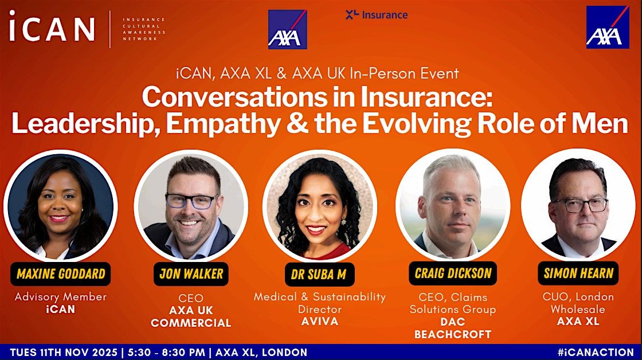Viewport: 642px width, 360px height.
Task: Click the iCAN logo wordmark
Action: coord(52,29)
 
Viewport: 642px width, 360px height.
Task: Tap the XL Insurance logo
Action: coord(376,15)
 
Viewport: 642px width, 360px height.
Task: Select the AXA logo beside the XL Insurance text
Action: coord(287,29)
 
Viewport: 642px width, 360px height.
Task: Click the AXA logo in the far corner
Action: coord(607,27)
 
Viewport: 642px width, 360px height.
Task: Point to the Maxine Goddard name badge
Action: coord(61,274)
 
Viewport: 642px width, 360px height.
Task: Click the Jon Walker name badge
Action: coord(191,274)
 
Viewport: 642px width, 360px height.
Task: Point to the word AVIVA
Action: coord(320,322)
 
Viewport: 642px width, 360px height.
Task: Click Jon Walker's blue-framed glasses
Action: coord(191,201)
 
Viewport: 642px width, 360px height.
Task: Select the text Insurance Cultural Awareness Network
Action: coord(144,29)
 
